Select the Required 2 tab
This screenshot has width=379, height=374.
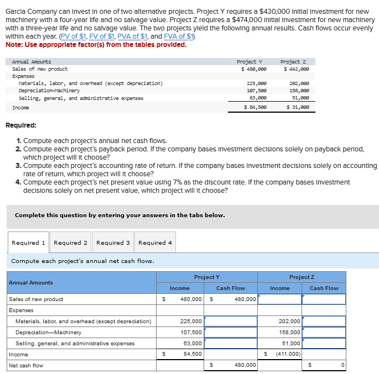(x=70, y=243)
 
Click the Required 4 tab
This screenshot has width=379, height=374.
(x=155, y=243)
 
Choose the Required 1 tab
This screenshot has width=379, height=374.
(x=29, y=243)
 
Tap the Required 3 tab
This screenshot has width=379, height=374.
(x=113, y=243)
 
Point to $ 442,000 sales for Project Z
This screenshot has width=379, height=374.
(x=297, y=69)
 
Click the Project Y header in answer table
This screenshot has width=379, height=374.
(x=207, y=277)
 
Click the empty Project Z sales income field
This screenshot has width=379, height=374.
(x=279, y=299)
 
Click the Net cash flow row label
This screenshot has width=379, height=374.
(x=25, y=365)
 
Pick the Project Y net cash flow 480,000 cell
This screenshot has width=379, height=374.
(x=232, y=365)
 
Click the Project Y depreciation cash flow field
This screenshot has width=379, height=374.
(x=232, y=332)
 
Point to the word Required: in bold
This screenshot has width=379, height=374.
(x=21, y=125)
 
